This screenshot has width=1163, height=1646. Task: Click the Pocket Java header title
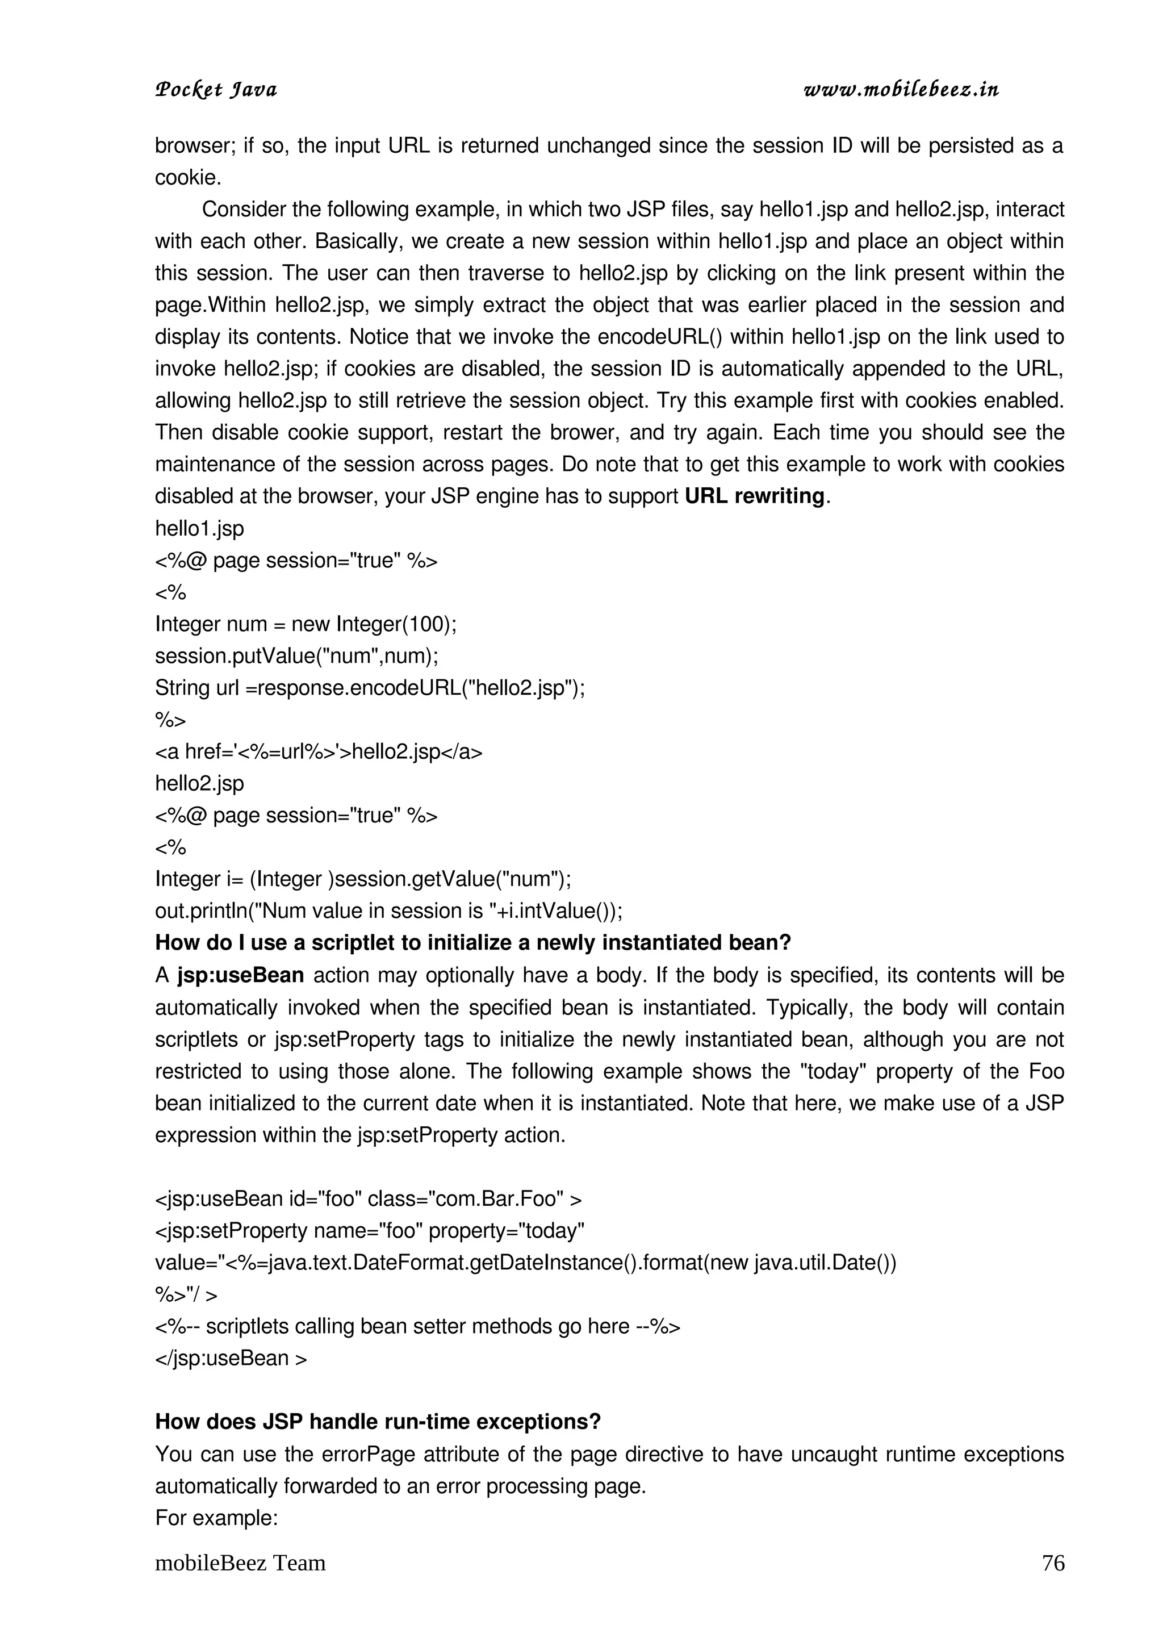(x=216, y=90)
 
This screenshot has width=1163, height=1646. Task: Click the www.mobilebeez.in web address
(x=901, y=90)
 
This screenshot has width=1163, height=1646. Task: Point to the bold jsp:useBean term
(x=241, y=976)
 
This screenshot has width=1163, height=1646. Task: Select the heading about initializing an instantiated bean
(x=472, y=943)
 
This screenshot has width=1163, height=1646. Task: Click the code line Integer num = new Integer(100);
(x=306, y=624)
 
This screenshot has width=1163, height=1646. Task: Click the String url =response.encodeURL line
(x=370, y=688)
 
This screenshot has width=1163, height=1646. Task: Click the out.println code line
(x=388, y=911)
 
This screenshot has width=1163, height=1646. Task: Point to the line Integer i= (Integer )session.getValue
(x=363, y=879)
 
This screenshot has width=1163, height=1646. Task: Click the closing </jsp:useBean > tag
(x=231, y=1358)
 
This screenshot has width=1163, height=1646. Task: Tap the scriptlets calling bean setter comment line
(x=417, y=1326)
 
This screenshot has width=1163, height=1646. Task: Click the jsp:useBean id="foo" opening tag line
(x=369, y=1198)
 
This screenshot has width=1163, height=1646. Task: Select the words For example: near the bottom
(x=216, y=1518)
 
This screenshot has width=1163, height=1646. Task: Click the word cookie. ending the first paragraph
(x=188, y=178)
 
